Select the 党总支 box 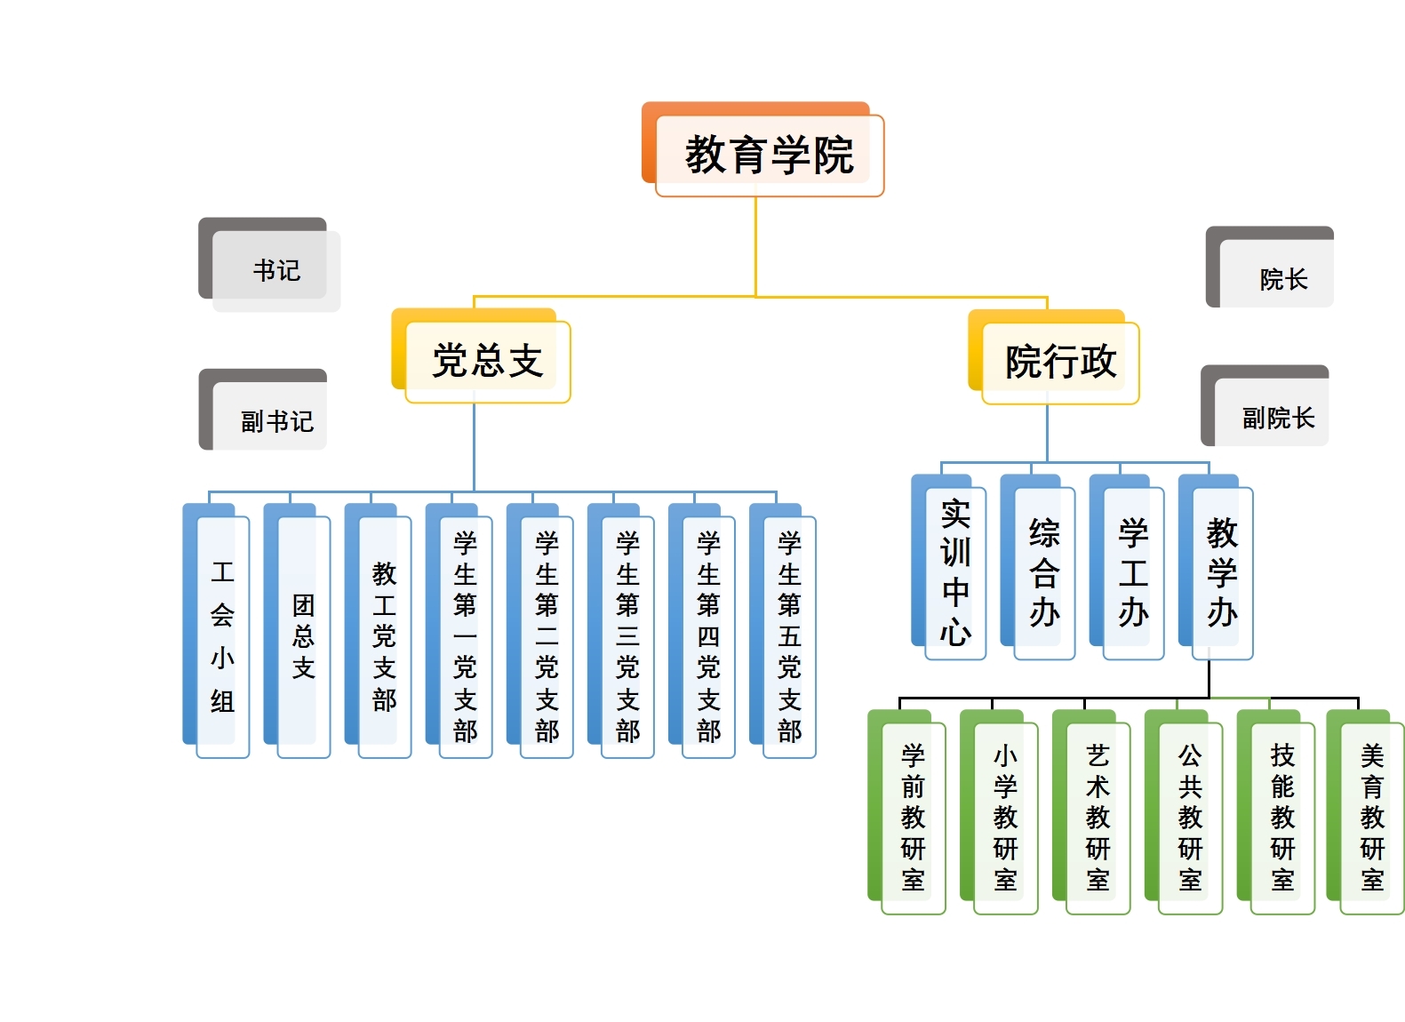pos(487,361)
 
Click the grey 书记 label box pos(275,269)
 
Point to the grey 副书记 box pos(275,419)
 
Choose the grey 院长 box pos(1282,278)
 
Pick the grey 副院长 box pos(1277,417)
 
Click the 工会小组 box pos(222,635)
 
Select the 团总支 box pos(303,635)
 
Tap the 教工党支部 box pos(384,635)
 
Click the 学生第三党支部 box pos(627,635)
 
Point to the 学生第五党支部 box pos(789,635)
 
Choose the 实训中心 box pos(955,572)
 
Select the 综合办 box pos(1044,572)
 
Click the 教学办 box pos(1222,572)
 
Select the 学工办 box pos(1133,572)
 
